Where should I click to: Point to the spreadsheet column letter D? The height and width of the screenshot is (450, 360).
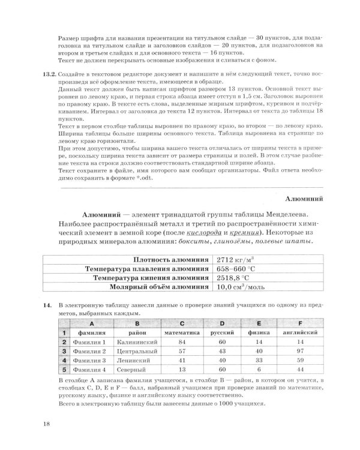221,322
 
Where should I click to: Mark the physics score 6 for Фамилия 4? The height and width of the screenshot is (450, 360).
259,370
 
